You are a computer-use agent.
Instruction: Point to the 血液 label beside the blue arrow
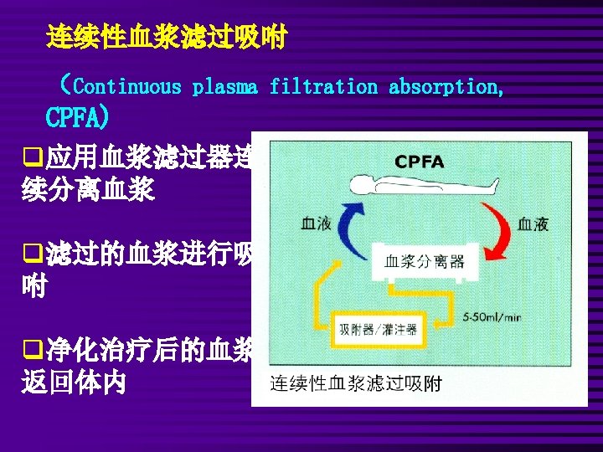point(317,223)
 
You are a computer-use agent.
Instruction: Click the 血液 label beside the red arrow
point(533,223)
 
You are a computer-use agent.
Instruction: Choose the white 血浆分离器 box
point(424,261)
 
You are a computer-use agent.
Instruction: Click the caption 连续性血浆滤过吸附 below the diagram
point(357,385)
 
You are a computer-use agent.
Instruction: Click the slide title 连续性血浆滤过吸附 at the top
point(167,37)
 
